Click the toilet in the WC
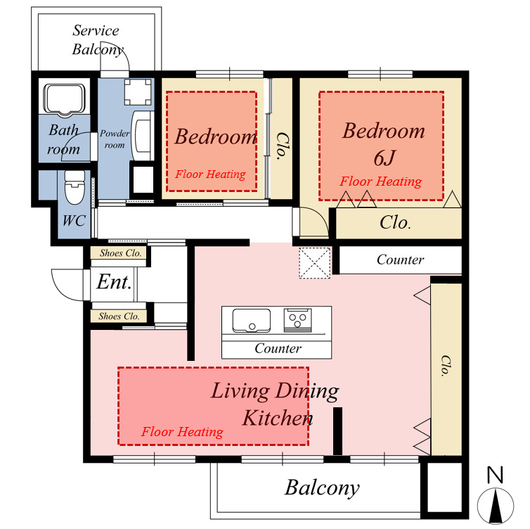[x=75, y=186]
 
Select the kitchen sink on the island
[x=252, y=320]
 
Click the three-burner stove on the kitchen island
[x=297, y=320]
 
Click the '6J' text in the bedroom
[x=384, y=158]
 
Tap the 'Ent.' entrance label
[x=114, y=282]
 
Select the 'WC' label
[x=74, y=221]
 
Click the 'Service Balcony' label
[x=97, y=40]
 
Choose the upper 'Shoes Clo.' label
[x=120, y=253]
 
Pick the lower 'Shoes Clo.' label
[x=119, y=317]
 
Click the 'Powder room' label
[x=115, y=139]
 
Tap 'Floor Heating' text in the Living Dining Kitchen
[x=182, y=432]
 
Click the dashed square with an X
[x=314, y=263]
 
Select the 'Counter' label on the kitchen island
[x=278, y=348]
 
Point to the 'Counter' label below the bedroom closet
[x=400, y=260]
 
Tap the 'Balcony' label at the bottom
[x=322, y=488]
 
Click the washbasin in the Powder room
[x=143, y=136]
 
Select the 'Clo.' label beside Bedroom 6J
[x=396, y=222]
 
